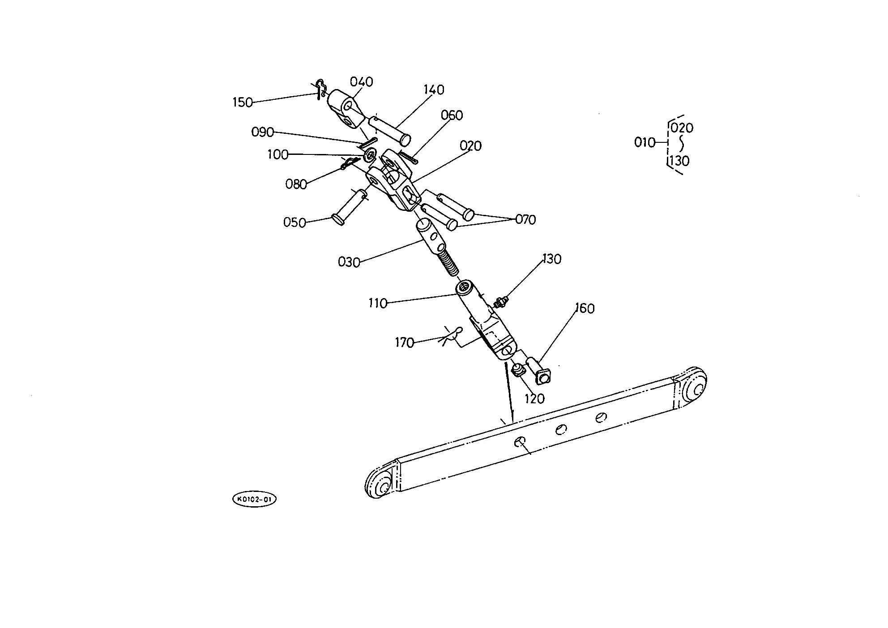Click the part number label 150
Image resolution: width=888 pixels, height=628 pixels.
[x=243, y=103]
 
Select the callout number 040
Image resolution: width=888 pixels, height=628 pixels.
[x=362, y=82]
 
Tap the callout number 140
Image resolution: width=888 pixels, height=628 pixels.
[x=434, y=90]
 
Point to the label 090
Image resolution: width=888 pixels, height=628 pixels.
[x=262, y=132]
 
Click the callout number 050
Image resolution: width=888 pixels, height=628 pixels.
[x=295, y=222]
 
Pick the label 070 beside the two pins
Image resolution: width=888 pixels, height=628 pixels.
[x=525, y=220]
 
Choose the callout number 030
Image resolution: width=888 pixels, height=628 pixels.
[x=349, y=262]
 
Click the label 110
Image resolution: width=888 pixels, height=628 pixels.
[x=378, y=303]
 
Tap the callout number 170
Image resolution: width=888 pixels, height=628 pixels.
[x=404, y=343]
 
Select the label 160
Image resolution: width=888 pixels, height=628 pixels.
[x=585, y=308]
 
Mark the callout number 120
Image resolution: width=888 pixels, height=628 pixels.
[x=534, y=398]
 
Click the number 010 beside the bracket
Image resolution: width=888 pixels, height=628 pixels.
[x=645, y=142]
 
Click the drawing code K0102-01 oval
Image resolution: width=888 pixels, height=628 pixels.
[x=254, y=500]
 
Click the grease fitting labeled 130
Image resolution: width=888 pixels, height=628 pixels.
[x=501, y=302]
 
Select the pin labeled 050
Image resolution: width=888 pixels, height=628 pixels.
[x=350, y=206]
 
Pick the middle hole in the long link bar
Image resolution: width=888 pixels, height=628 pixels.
[x=560, y=430]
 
